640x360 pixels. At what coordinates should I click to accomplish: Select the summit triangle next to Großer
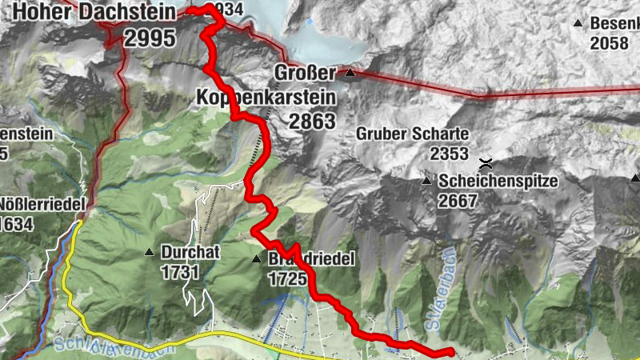tap(350, 73)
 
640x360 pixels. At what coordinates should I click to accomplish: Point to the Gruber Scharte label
tap(413, 134)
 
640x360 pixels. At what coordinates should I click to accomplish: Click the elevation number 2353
tap(448, 152)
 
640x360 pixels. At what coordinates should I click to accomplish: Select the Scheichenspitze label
tap(498, 182)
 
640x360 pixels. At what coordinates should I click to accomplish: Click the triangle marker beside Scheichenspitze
tap(426, 181)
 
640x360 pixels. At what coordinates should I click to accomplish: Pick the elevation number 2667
tap(458, 200)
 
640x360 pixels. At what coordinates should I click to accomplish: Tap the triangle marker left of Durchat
tap(148, 253)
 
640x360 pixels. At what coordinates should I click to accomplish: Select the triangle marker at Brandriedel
tap(256, 259)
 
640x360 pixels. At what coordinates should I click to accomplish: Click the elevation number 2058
tap(609, 42)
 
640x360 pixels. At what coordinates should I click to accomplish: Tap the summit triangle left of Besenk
tap(578, 23)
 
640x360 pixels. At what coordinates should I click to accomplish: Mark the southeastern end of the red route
tap(451, 351)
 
